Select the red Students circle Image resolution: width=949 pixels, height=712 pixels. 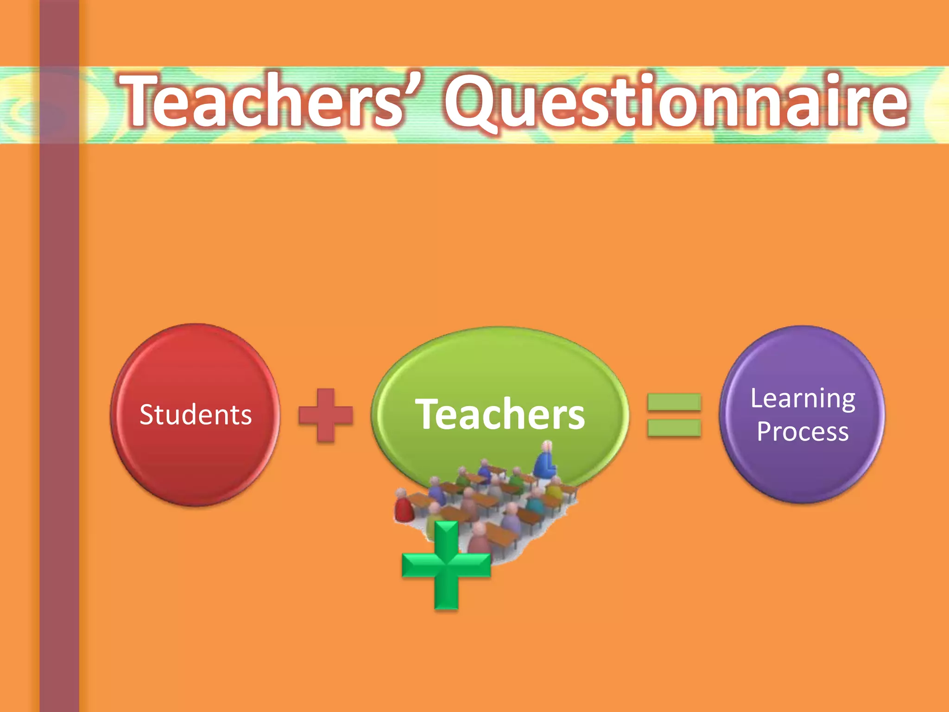(195, 464)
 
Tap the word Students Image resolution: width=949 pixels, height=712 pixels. (196, 414)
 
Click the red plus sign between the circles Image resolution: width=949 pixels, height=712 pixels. (326, 415)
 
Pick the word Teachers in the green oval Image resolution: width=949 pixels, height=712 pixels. (500, 414)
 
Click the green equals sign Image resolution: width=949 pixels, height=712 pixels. (674, 415)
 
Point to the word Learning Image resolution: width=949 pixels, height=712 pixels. (803, 399)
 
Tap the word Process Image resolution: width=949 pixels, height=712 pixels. (803, 432)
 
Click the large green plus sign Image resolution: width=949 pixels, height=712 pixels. (446, 565)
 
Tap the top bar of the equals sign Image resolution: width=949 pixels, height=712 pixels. (674, 402)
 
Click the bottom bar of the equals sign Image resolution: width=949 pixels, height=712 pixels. (674, 428)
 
